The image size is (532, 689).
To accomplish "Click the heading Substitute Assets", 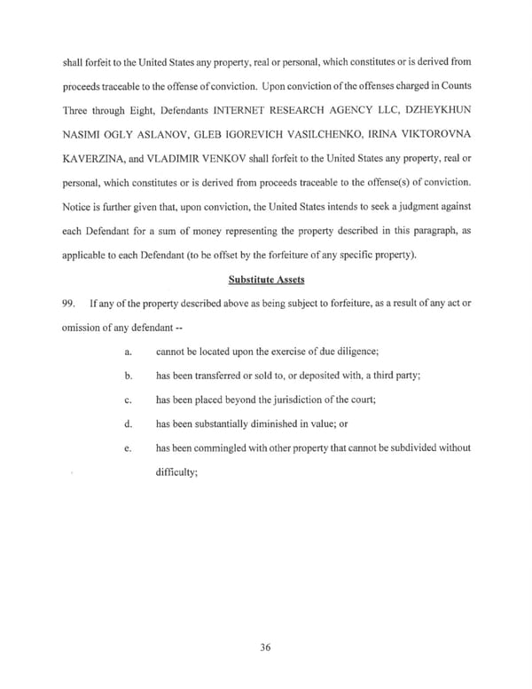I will (266, 280).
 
